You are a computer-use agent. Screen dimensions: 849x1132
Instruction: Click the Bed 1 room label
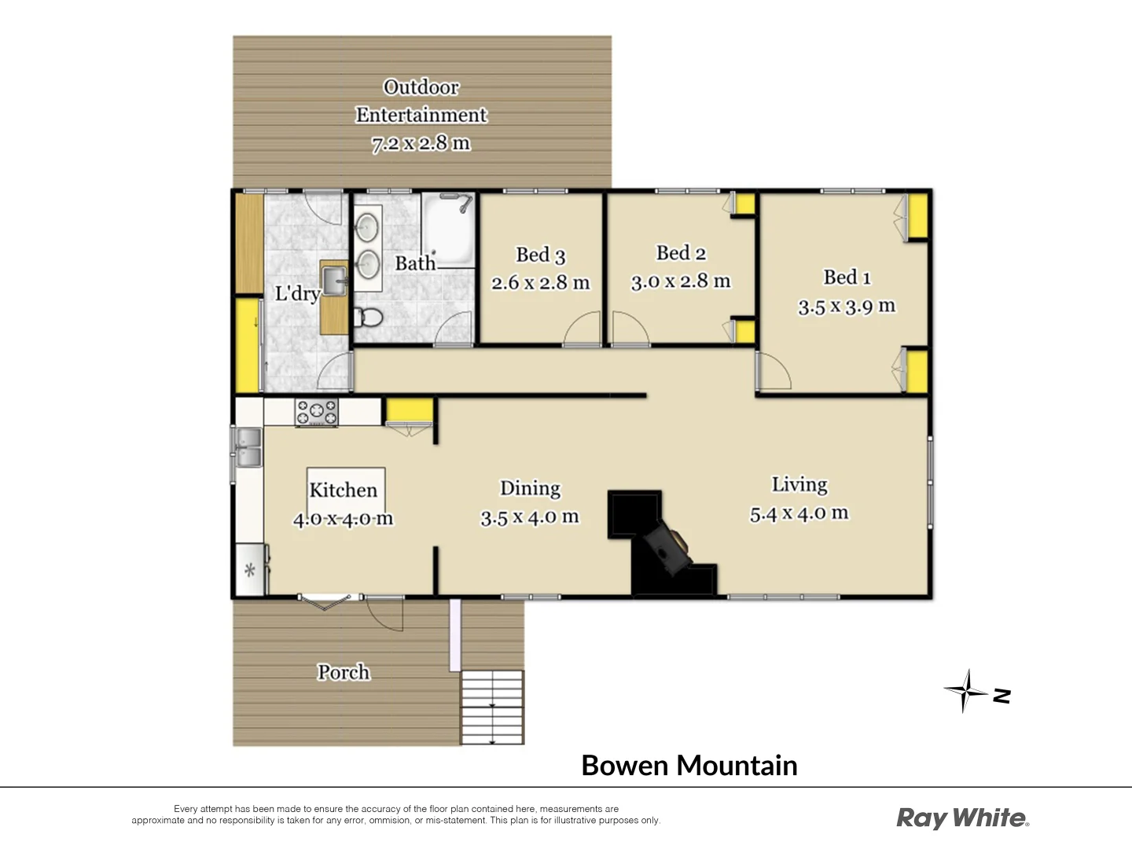pyautogui.click(x=847, y=277)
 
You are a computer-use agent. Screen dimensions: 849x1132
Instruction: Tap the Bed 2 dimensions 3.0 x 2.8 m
pyautogui.click(x=681, y=281)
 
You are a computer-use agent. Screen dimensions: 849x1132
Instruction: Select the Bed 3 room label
pyautogui.click(x=541, y=255)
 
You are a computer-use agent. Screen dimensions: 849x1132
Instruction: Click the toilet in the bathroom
pyautogui.click(x=369, y=318)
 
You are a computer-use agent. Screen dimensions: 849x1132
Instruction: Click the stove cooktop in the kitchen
pyautogui.click(x=316, y=413)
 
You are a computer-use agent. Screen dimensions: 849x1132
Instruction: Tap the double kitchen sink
pyautogui.click(x=248, y=447)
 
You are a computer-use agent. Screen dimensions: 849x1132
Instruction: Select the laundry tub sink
pyautogui.click(x=335, y=280)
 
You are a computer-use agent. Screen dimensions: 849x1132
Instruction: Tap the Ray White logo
pyautogui.click(x=962, y=818)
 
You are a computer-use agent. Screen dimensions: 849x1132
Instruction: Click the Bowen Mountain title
pyautogui.click(x=689, y=766)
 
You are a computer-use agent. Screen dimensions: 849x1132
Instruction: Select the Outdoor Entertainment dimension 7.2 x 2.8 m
pyautogui.click(x=421, y=143)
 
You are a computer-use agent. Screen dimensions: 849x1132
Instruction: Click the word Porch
pyautogui.click(x=344, y=672)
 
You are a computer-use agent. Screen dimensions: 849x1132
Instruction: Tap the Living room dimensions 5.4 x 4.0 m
pyautogui.click(x=799, y=514)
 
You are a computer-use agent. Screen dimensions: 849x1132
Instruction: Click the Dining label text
pyautogui.click(x=531, y=488)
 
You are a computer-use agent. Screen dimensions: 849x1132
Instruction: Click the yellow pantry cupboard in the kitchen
pyautogui.click(x=410, y=410)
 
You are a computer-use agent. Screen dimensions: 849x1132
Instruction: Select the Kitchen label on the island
pyautogui.click(x=344, y=490)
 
